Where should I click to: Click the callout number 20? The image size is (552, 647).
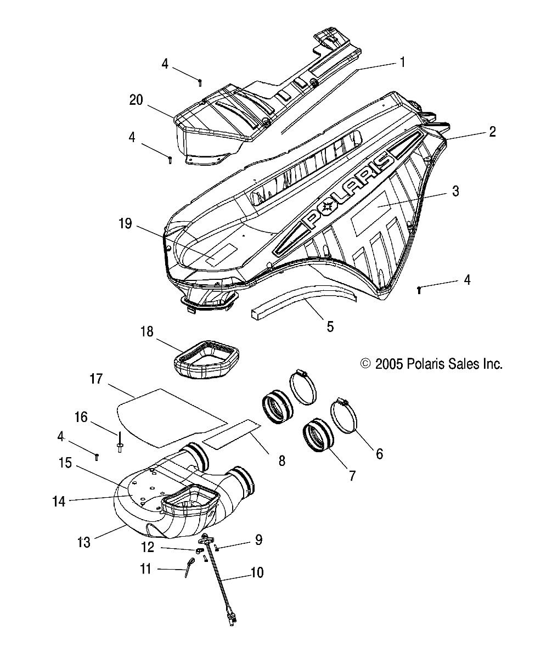pos(136,99)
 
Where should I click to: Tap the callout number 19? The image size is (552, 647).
pos(125,223)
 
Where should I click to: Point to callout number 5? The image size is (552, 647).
pos(330,327)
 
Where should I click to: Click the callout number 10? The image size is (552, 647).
pos(257,573)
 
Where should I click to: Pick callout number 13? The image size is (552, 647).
pos(83,542)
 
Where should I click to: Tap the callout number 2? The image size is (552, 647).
pos(492,131)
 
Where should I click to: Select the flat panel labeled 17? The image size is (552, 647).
pos(165,414)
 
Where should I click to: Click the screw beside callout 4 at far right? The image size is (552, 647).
pos(420,289)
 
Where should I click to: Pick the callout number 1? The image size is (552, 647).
pos(402,63)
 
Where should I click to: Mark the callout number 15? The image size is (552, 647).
pos(65,463)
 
